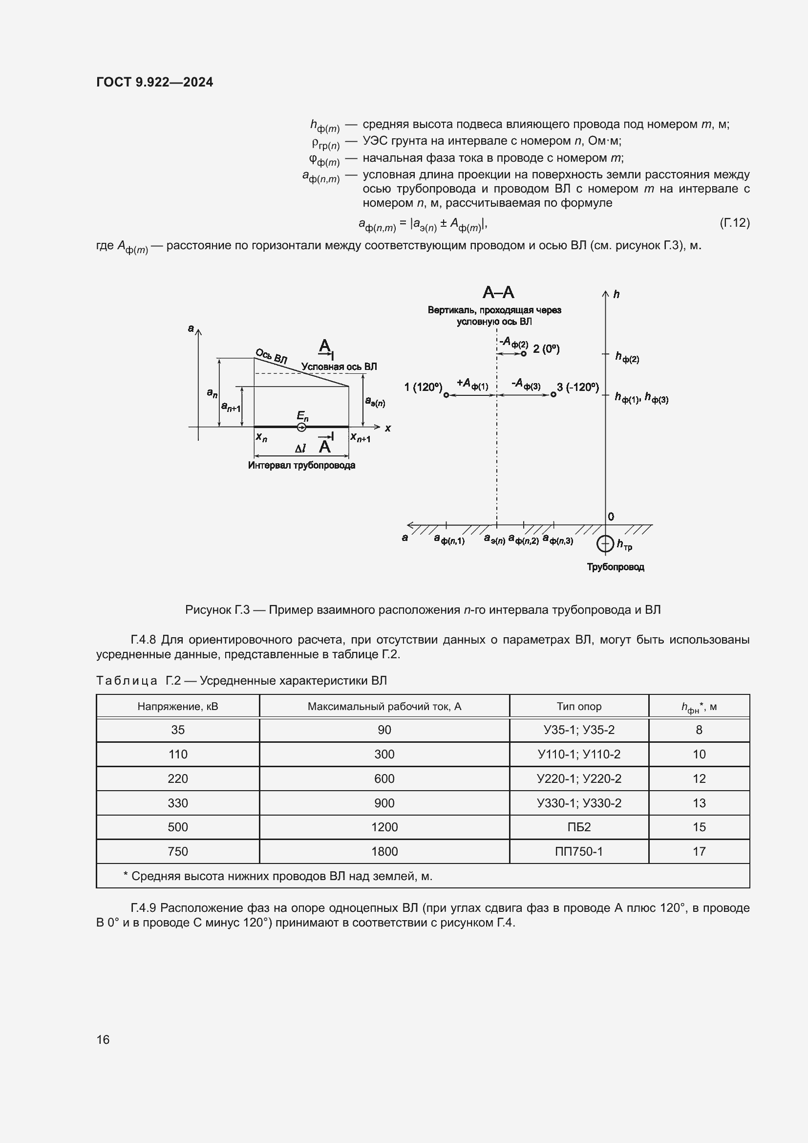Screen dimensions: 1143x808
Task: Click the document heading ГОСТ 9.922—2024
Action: [154, 82]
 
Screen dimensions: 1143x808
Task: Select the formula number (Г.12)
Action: [734, 222]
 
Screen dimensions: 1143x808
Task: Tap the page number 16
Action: [103, 1039]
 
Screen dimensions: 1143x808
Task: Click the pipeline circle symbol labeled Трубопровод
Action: [605, 543]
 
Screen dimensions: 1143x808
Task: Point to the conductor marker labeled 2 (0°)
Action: [523, 353]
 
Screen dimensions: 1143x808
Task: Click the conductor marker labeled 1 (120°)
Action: [446, 395]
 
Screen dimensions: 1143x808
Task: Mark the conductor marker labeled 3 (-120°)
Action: [553, 395]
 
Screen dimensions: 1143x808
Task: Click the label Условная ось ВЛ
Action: [339, 367]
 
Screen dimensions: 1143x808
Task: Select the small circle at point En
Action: [301, 427]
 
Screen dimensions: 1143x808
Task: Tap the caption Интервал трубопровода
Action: [301, 466]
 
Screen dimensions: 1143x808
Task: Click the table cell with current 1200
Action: [384, 827]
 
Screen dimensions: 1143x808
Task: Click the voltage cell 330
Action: [178, 803]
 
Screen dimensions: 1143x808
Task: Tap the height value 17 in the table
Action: [699, 851]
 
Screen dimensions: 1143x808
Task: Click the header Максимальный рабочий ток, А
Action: [384, 707]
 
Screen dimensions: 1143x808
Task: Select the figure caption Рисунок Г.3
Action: [423, 610]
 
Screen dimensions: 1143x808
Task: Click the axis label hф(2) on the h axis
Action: [627, 357]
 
